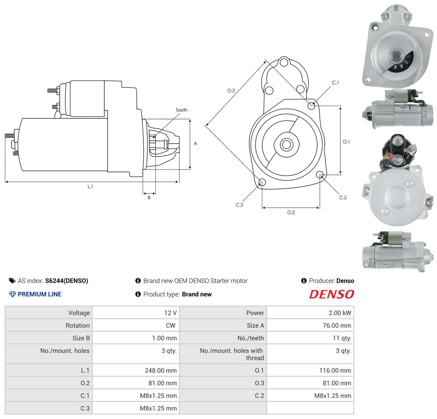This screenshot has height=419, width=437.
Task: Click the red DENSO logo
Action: (x=331, y=294)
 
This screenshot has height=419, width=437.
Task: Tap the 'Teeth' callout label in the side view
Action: (x=181, y=110)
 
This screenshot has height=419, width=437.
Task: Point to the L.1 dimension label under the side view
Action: (x=90, y=187)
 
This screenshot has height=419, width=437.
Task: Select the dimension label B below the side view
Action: (x=149, y=198)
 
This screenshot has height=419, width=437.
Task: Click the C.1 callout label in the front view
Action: (x=335, y=82)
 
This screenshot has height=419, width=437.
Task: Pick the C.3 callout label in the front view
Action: (x=239, y=205)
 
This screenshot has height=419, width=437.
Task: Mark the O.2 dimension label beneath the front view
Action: (x=291, y=212)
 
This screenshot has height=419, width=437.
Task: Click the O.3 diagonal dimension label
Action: (x=231, y=90)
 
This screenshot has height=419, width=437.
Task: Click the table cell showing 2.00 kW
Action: (x=310, y=313)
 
